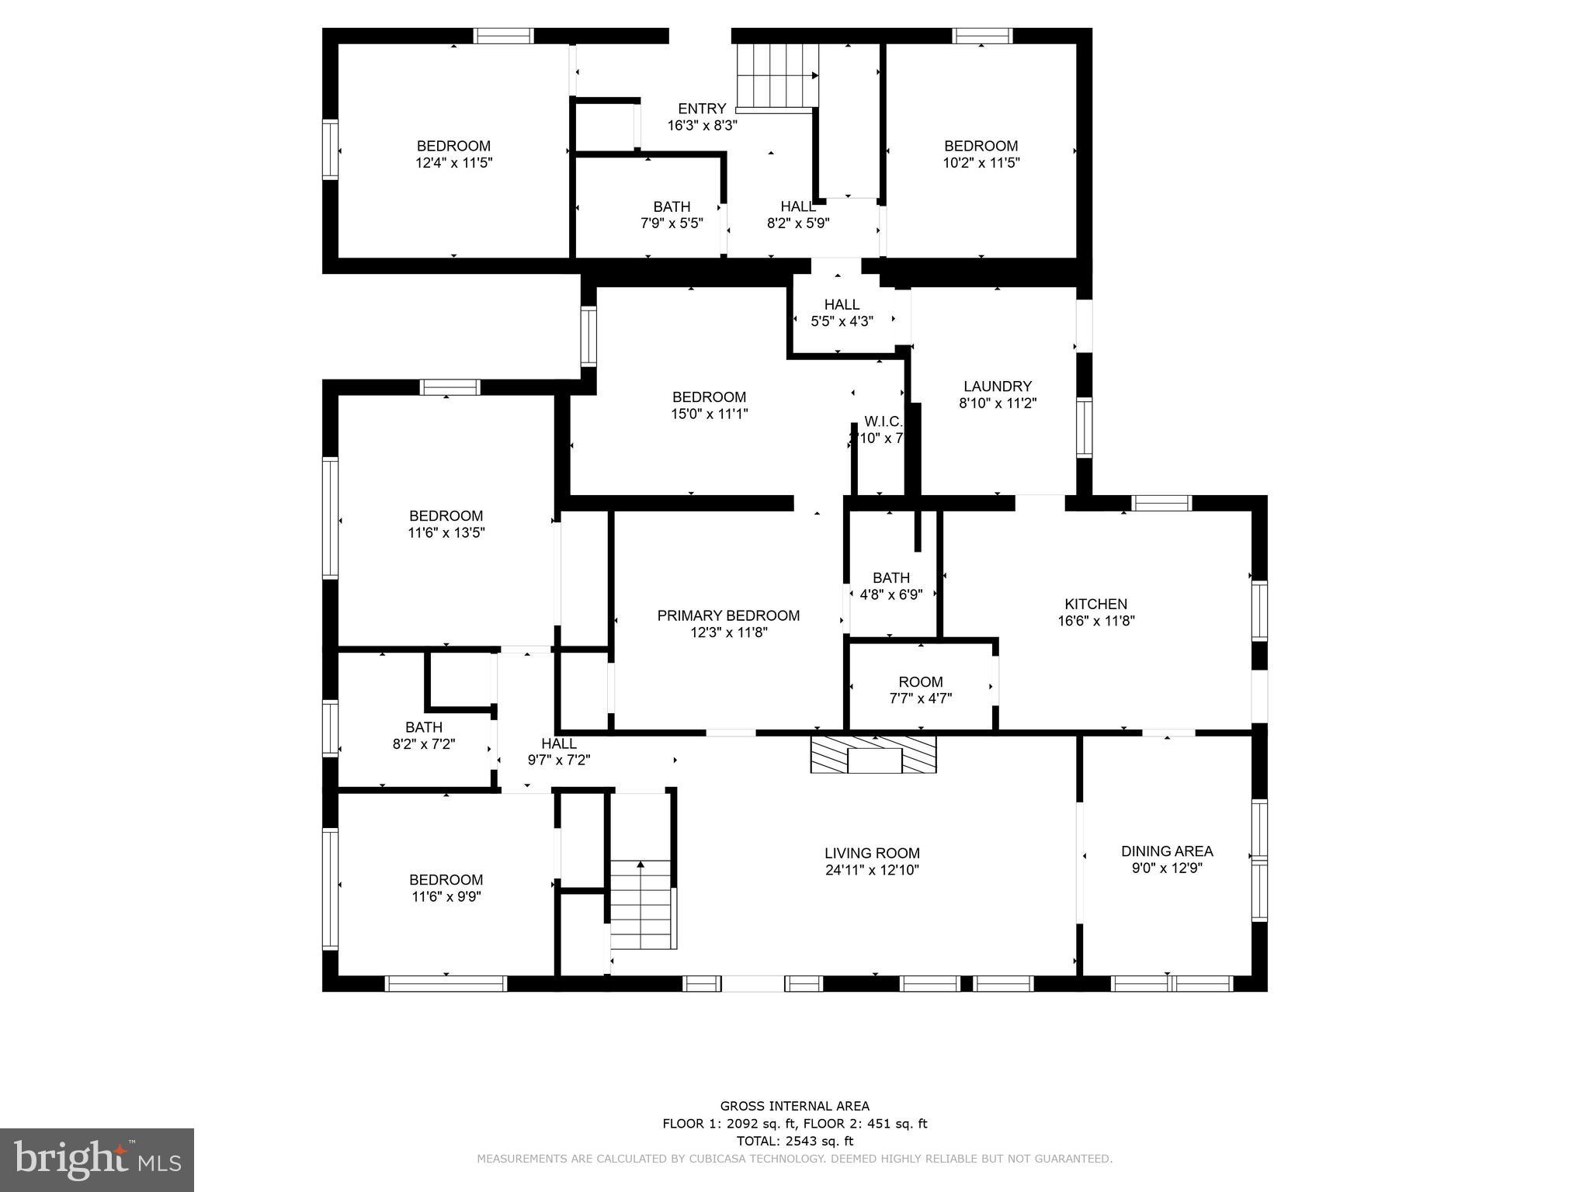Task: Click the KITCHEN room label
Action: pos(1095,604)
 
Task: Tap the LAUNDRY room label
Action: pos(998,386)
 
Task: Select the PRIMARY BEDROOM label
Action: pos(728,615)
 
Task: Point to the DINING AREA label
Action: pos(1167,851)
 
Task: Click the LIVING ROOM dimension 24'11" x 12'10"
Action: pos(872,870)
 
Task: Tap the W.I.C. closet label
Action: pos(883,421)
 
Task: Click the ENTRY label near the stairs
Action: pos(702,109)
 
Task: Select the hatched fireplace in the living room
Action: pos(873,754)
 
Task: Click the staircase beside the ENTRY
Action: pos(777,75)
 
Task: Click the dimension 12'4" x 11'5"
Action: pos(454,163)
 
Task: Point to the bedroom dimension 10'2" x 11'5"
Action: pos(981,163)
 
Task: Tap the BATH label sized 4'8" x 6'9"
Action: pos(890,578)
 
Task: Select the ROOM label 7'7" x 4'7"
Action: pos(921,682)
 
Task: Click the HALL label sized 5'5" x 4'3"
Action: pos(842,305)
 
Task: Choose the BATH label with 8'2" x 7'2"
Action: pos(424,727)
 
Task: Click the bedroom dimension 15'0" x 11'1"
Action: pos(709,414)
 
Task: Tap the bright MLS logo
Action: pos(97,1160)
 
